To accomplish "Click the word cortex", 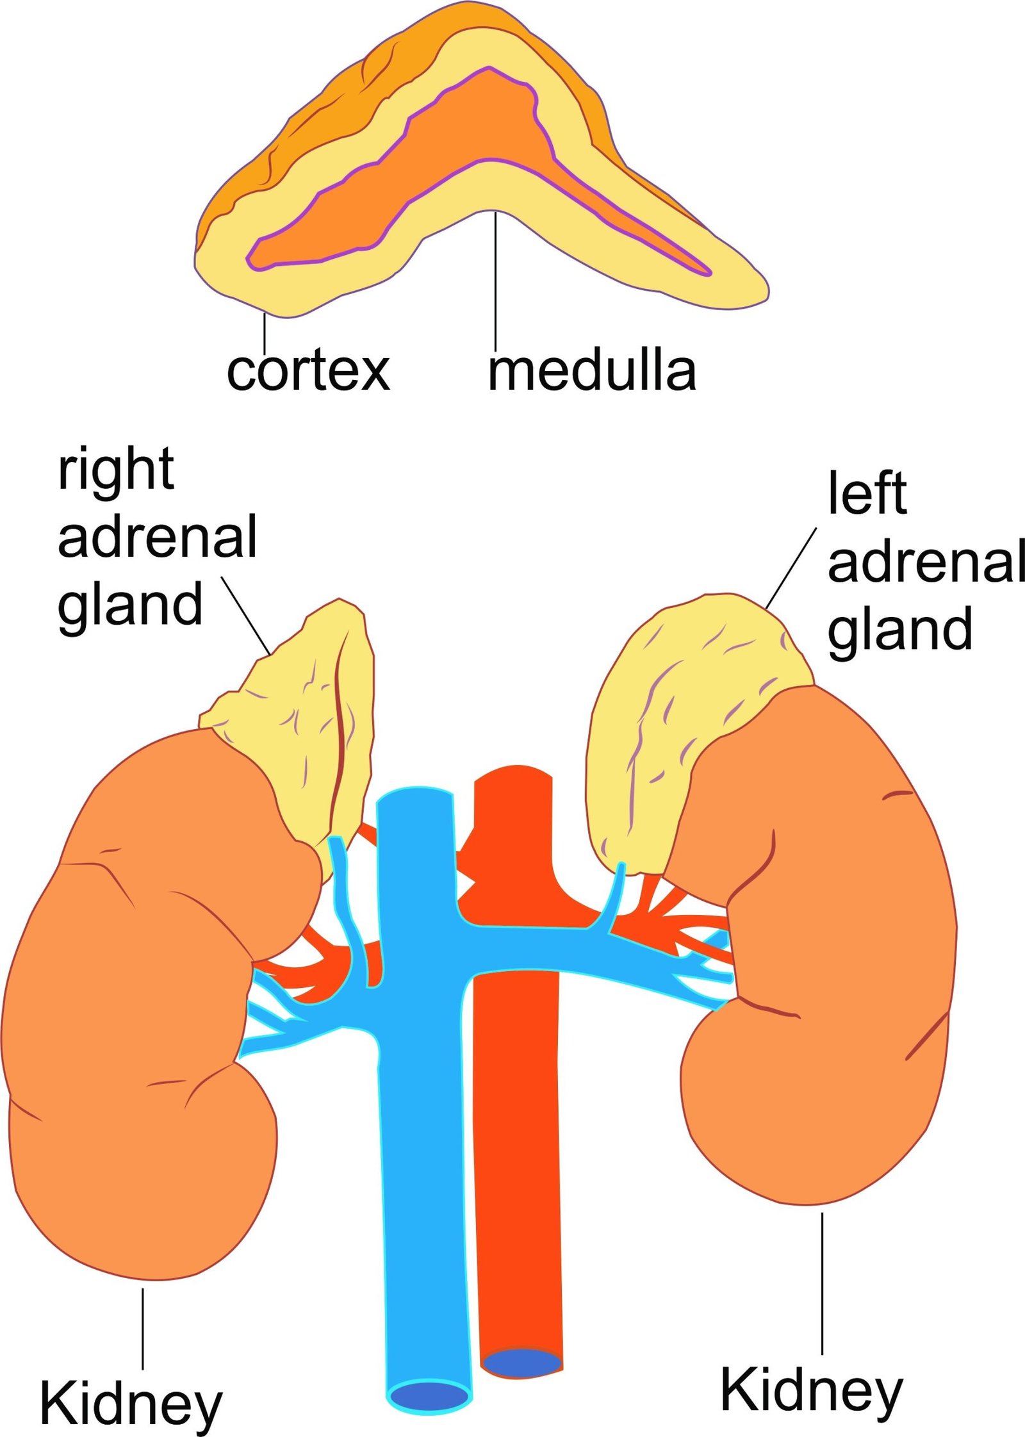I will point(308,372).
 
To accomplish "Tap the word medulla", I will point(591,372).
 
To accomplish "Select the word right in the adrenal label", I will point(116,471).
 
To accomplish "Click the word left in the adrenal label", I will point(867,493).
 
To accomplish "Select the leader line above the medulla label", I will point(495,282).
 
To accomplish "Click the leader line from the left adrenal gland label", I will point(791,568).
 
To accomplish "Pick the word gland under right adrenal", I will point(130,605).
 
